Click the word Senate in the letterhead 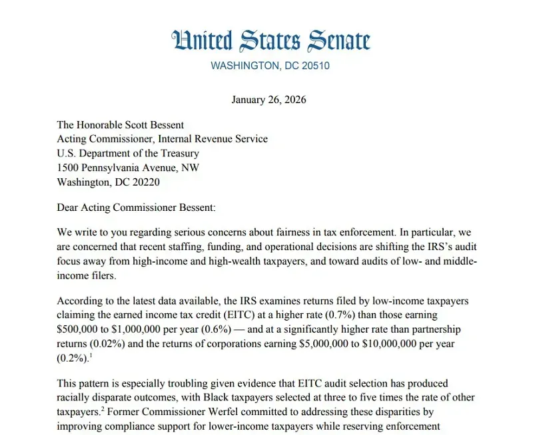point(336,41)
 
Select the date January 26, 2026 point(268,100)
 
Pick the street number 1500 point(69,168)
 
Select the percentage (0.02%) point(109,345)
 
